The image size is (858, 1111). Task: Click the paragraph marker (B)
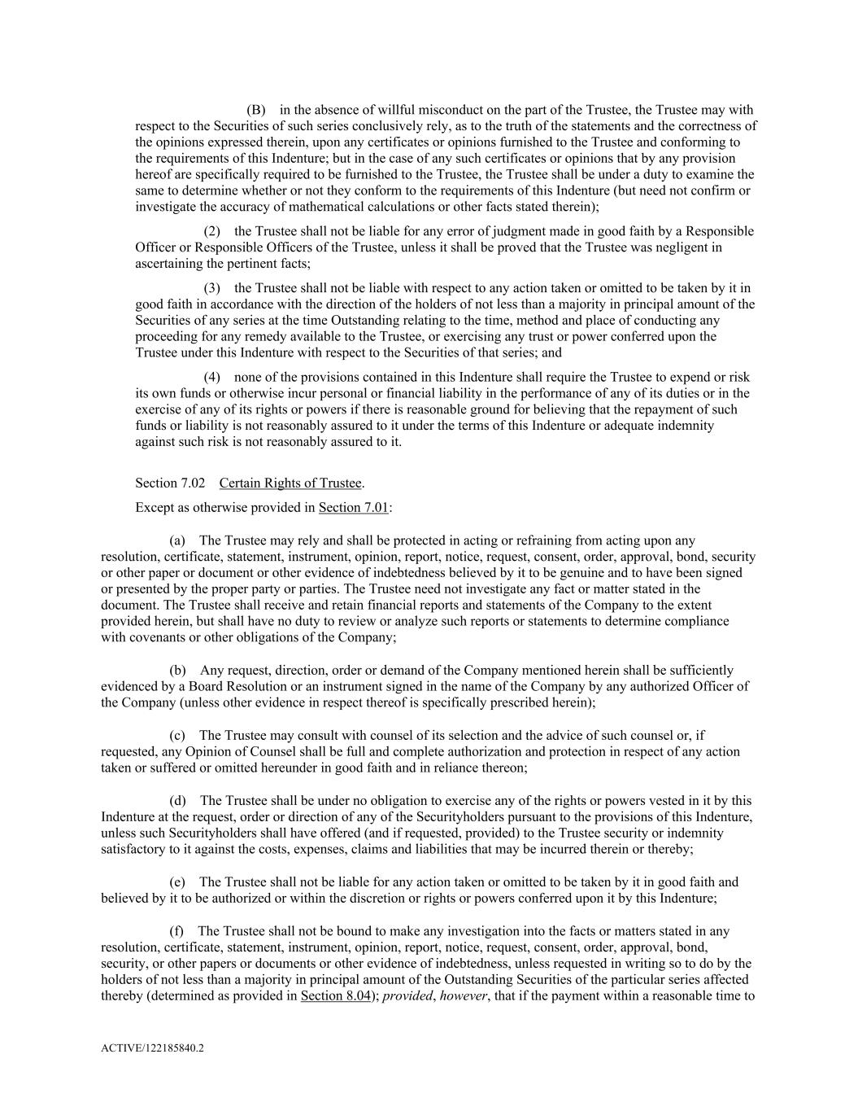point(256,110)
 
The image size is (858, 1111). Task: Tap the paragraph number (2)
point(211,231)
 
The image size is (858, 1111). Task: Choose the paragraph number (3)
point(211,288)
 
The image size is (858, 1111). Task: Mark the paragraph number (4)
point(211,377)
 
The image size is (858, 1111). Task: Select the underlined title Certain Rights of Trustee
point(290,483)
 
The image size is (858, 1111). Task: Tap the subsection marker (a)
point(177,540)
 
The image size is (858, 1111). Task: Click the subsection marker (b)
point(177,671)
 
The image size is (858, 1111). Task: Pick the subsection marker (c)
point(177,736)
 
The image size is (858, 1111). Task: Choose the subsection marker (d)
point(177,801)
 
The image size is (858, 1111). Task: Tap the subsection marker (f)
point(176,931)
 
